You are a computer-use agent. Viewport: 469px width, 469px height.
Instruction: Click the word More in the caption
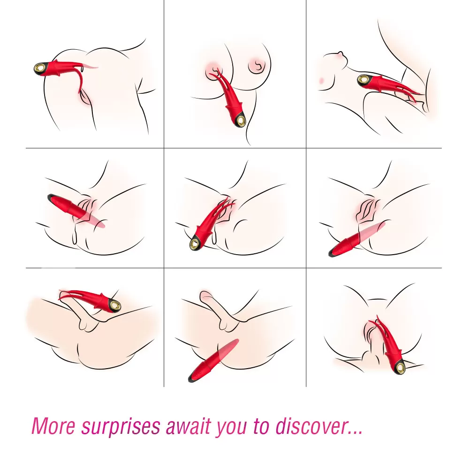click(x=53, y=426)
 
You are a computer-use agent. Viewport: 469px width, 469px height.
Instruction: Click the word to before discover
click(x=262, y=426)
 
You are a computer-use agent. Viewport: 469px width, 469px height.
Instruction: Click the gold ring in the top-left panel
click(x=39, y=68)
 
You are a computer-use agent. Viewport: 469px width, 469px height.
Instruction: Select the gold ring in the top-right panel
click(x=364, y=80)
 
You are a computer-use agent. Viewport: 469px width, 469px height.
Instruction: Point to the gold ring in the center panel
click(x=196, y=243)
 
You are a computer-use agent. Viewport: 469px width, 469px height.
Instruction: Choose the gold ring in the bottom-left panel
click(x=115, y=305)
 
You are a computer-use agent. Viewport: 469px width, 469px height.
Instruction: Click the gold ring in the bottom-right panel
click(x=400, y=367)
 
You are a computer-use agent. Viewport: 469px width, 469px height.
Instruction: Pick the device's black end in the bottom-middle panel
click(x=192, y=378)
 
